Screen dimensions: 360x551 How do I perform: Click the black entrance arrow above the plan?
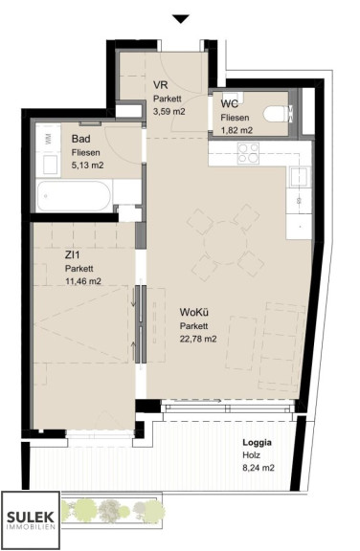(181, 19)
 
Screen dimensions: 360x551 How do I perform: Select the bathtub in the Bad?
(74, 196)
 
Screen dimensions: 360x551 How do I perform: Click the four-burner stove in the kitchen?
(248, 153)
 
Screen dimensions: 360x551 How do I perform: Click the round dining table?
(226, 243)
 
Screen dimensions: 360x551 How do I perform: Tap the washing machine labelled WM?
(48, 138)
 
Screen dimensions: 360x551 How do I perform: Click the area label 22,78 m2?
(198, 339)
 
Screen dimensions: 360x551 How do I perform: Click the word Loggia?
(257, 442)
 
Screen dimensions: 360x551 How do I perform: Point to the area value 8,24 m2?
(259, 468)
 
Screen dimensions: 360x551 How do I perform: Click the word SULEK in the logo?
(31, 518)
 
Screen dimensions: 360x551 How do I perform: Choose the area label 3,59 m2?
(169, 112)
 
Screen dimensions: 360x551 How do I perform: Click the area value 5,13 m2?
(87, 165)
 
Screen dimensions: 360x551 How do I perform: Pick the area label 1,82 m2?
(236, 130)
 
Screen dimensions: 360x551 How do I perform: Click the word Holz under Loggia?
(252, 455)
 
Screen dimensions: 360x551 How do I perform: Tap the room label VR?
(160, 85)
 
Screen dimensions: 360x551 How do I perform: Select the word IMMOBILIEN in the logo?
(31, 527)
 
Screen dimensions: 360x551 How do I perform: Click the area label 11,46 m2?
(83, 281)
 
